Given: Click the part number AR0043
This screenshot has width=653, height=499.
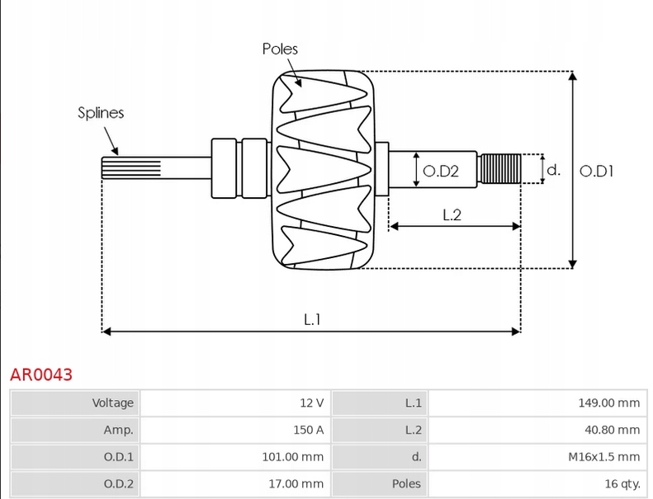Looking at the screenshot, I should pos(41,374).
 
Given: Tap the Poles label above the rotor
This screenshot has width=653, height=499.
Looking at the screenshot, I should pos(280,49).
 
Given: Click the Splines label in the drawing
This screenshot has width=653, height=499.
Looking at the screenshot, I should pos(101,113).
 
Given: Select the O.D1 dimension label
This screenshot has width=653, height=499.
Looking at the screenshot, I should pos(597,172).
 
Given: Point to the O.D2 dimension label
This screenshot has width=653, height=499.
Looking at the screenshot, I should pos(441,172).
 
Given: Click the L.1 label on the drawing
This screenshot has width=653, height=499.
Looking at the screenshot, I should pos(311,318).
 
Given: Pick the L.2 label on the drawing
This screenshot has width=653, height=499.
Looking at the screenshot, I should pos(452,215).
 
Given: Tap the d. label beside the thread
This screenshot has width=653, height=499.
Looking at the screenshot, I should pos(554,171).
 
